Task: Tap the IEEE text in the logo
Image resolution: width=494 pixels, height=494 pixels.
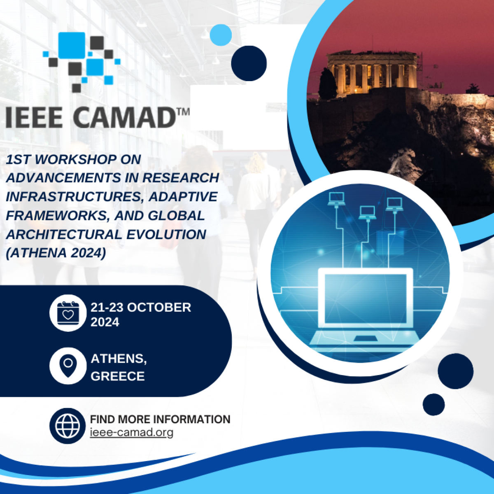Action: click(34, 117)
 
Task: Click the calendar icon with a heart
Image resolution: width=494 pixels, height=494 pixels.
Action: click(68, 313)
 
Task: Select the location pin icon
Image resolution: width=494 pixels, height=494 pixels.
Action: click(68, 366)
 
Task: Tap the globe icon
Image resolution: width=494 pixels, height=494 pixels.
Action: click(68, 426)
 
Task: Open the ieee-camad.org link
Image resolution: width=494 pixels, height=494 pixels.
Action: click(132, 433)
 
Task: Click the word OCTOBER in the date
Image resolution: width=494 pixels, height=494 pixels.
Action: click(159, 308)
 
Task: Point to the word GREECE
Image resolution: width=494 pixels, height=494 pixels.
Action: click(118, 376)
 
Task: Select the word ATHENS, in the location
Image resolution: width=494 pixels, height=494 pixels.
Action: click(119, 359)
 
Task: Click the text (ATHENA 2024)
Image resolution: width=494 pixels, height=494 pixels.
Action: click(56, 253)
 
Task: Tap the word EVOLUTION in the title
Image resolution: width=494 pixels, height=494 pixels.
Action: click(166, 234)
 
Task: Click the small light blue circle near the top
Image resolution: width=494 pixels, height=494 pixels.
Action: click(221, 35)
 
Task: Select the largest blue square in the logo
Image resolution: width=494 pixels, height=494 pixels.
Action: click(72, 45)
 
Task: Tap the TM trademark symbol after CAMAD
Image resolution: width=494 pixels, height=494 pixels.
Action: click(183, 112)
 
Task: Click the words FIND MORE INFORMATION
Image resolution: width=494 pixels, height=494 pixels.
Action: click(160, 419)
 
